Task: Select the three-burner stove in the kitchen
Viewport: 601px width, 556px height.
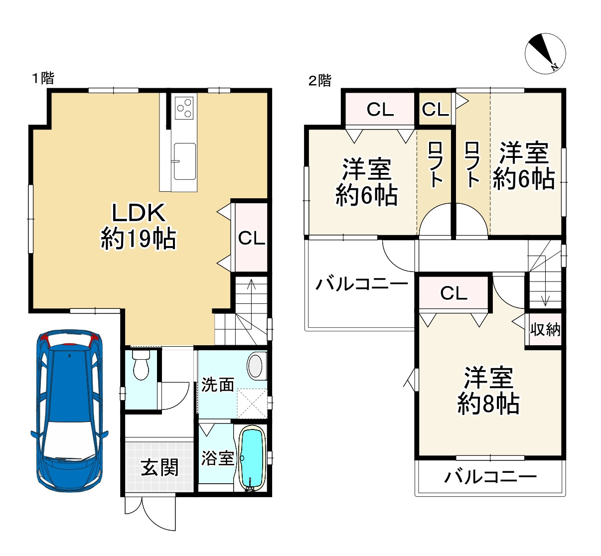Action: tap(184, 108)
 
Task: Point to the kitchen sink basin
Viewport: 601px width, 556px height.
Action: tap(184, 161)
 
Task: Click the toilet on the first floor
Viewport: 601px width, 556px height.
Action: tap(141, 364)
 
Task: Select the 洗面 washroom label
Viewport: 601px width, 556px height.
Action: tap(218, 385)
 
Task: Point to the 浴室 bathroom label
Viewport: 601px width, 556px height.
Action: tap(218, 458)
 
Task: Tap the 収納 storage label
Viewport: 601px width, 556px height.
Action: tap(545, 330)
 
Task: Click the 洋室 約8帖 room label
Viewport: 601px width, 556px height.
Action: tap(488, 391)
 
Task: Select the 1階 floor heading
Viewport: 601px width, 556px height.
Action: tap(43, 78)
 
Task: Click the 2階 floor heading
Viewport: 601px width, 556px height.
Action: tap(320, 80)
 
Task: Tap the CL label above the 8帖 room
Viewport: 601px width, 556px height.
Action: tap(453, 293)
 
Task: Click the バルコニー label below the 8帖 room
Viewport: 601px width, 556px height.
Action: tap(490, 477)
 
